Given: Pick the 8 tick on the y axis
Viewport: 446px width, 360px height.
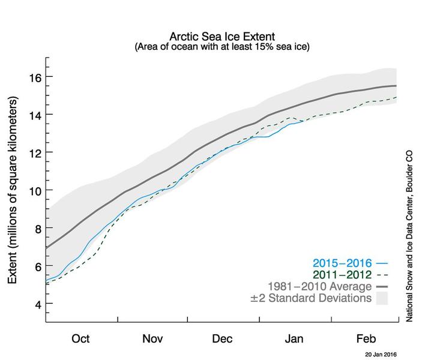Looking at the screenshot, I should coord(35,228).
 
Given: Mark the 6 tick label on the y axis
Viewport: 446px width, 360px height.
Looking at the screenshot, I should coord(35,266).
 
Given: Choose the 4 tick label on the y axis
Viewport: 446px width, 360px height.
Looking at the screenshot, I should coord(35,304).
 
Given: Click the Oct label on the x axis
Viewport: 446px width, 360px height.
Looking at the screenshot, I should coord(80,339).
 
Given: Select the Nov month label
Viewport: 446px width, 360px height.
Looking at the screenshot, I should coord(152,339).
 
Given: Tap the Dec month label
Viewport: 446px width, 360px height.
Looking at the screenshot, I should coord(223,339).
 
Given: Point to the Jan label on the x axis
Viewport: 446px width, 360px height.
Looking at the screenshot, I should coord(294,339).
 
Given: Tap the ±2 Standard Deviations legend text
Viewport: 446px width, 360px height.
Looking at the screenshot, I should coord(311,298).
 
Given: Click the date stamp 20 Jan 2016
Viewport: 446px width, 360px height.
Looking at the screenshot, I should coord(382,355).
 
